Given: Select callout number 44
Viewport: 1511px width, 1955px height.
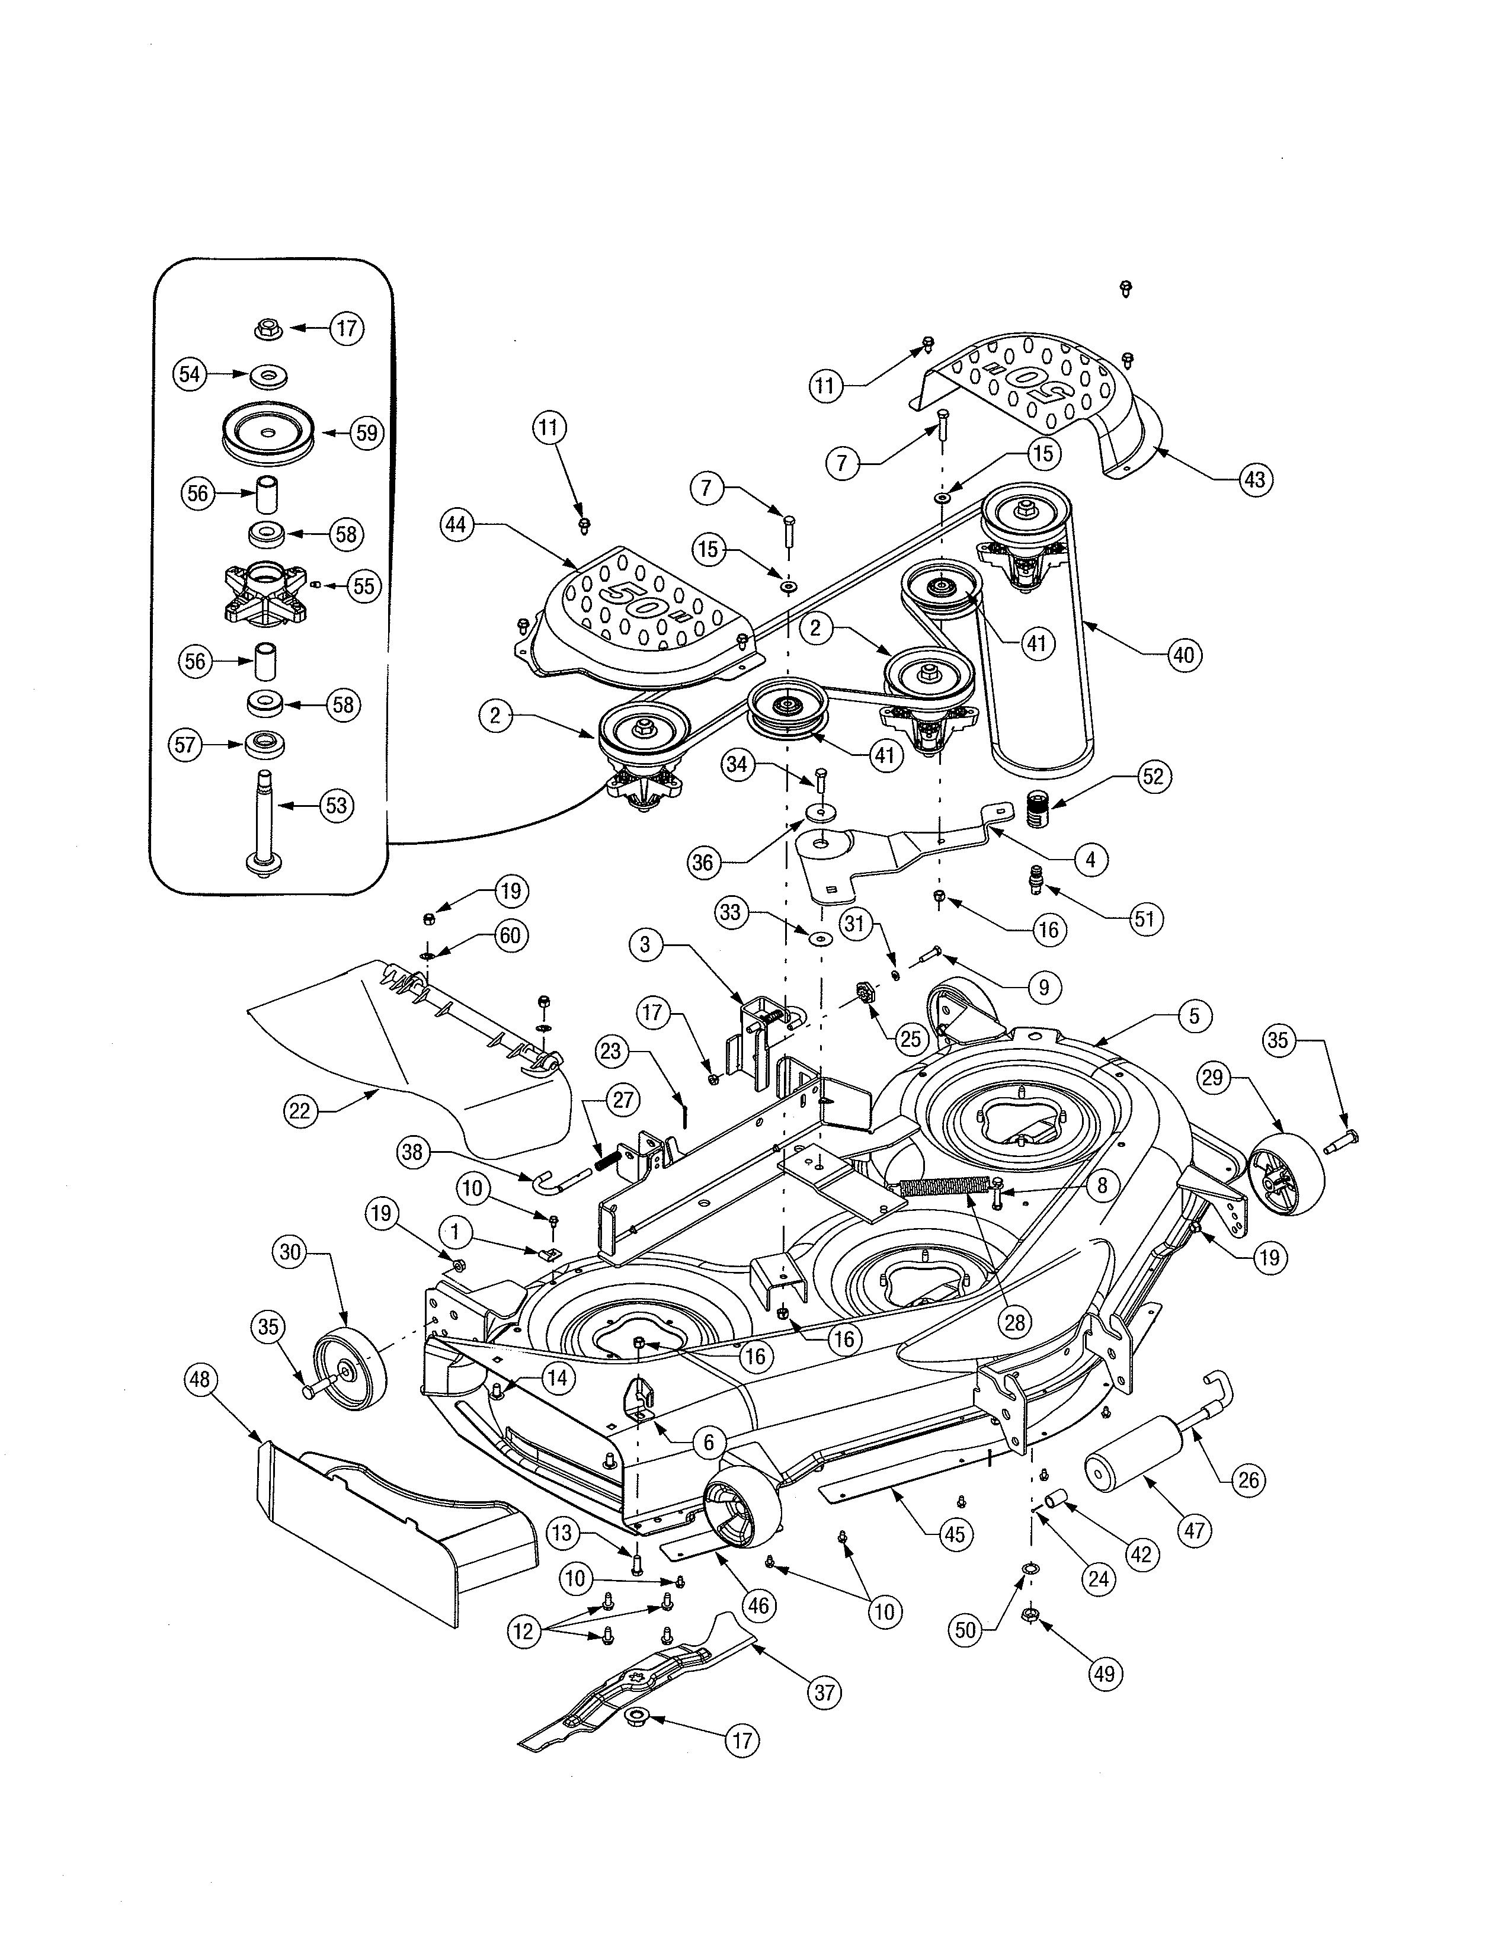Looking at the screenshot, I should [456, 524].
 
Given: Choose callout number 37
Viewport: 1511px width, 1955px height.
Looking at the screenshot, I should [824, 1692].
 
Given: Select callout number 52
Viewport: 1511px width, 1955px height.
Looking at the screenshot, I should [1153, 776].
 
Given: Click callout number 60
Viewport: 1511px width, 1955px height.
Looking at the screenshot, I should [508, 936].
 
